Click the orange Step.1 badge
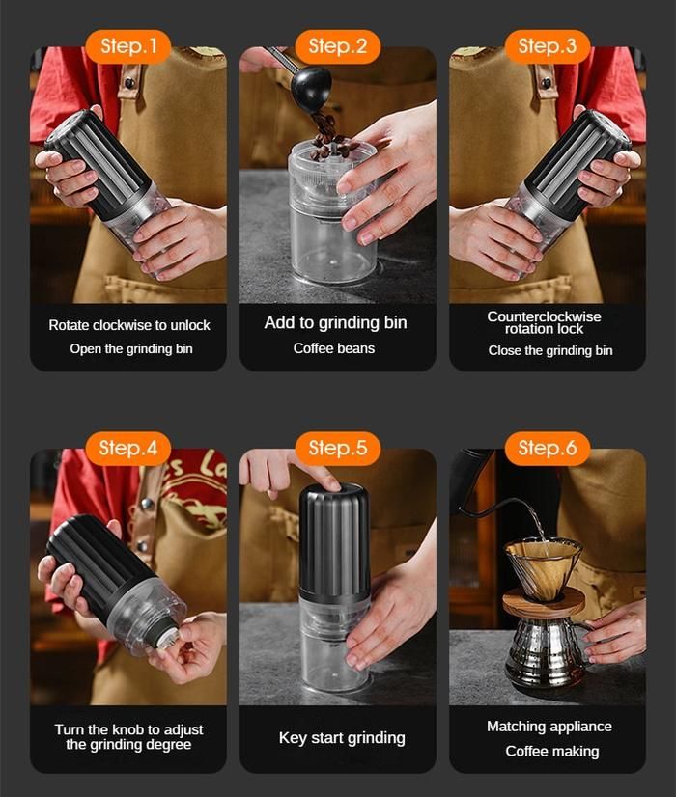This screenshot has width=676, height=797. pyautogui.click(x=127, y=46)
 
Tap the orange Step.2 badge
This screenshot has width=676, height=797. pyautogui.click(x=338, y=46)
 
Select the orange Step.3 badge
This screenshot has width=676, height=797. pyautogui.click(x=548, y=46)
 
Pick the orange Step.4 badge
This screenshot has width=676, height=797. pyautogui.click(x=127, y=449)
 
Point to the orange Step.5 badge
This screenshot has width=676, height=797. pyautogui.click(x=338, y=449)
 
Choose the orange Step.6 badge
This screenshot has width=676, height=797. pyautogui.click(x=548, y=449)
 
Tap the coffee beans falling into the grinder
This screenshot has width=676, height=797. pyautogui.click(x=329, y=135)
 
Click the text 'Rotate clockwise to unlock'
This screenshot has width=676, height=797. pyautogui.click(x=129, y=325)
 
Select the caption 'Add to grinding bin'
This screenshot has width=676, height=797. pyautogui.click(x=336, y=323)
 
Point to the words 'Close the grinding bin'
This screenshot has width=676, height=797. pyautogui.click(x=550, y=350)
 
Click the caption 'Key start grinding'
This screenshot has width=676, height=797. pyautogui.click(x=342, y=738)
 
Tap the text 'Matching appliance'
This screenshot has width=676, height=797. pyautogui.click(x=549, y=727)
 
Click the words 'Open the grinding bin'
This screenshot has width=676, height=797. pyautogui.click(x=131, y=349)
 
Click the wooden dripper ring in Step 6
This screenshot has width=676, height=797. pyautogui.click(x=544, y=603)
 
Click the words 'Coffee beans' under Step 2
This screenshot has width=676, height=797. pyautogui.click(x=334, y=348)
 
